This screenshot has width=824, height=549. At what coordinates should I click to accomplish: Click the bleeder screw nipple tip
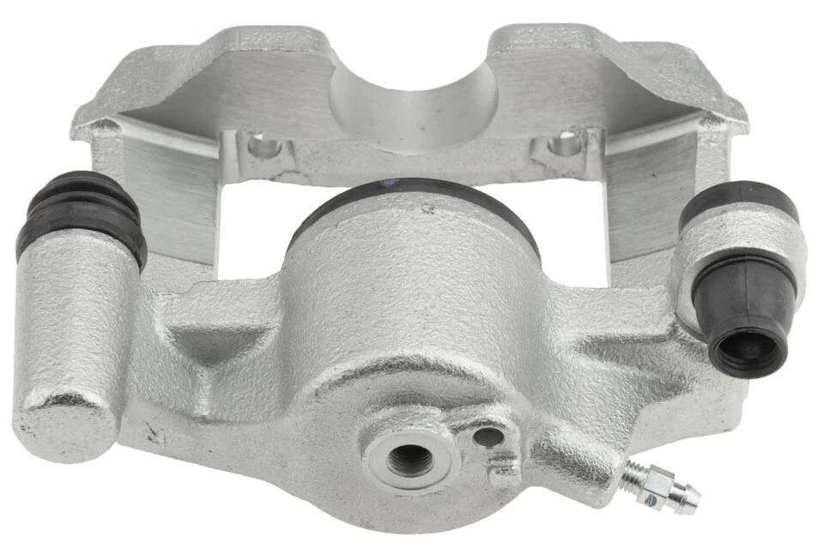pos(692,502)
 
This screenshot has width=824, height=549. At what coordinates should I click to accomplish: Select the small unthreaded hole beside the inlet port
pos(488,437)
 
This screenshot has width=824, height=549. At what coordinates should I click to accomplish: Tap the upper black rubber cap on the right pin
pos(737,202)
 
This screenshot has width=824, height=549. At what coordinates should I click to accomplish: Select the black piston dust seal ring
pos(412,193)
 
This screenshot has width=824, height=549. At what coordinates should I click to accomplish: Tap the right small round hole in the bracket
pos(565,144)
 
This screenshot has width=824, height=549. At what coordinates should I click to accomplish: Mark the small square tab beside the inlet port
pos(503,468)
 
